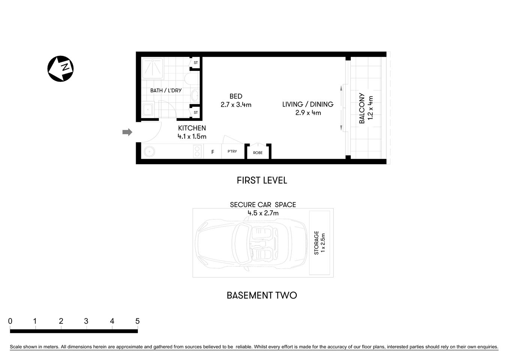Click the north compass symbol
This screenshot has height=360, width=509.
[x=60, y=69]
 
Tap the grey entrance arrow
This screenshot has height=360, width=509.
[x=127, y=132]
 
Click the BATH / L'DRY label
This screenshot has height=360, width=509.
[x=166, y=90]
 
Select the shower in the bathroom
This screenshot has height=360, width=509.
[x=153, y=68]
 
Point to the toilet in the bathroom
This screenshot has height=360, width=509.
[x=190, y=79]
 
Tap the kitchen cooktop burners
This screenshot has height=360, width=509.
[x=197, y=151]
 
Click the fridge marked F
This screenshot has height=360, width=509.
[x=213, y=152]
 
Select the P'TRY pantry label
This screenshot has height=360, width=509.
[x=232, y=151]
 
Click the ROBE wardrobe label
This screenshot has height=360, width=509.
[x=258, y=153]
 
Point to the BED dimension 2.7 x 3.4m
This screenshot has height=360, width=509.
[x=236, y=105]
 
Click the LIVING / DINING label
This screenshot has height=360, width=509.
[x=308, y=104]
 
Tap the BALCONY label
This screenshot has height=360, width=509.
[x=362, y=108]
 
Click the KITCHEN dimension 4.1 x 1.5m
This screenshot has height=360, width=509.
[x=192, y=136]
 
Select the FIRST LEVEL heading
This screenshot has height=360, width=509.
[x=262, y=180]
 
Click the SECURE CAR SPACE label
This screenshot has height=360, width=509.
[x=263, y=204]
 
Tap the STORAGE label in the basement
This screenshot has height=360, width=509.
[x=316, y=243]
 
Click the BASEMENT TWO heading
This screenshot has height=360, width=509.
[x=262, y=295]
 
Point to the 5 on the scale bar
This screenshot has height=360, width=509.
[x=137, y=321]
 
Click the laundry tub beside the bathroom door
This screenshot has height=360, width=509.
[x=147, y=110]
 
